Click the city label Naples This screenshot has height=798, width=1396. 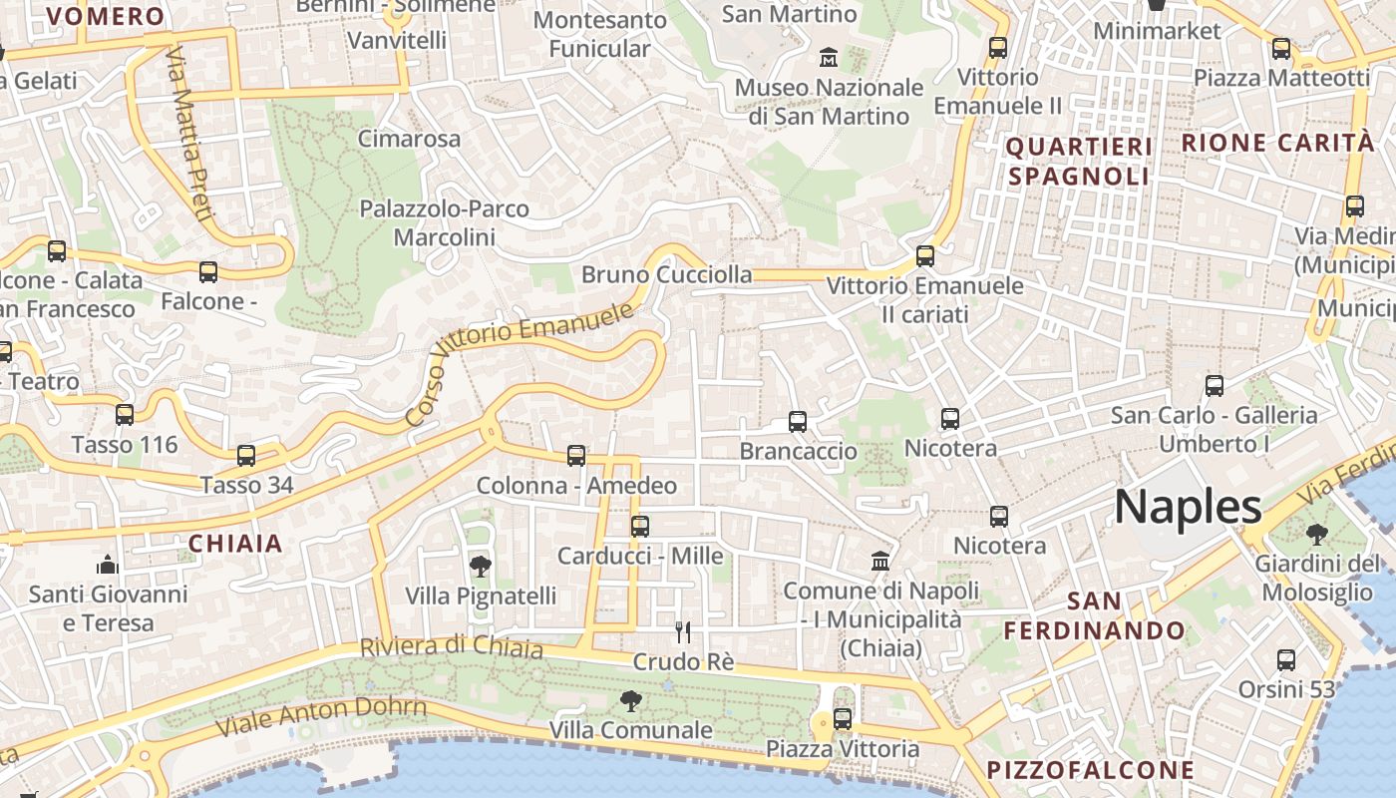pos(1188,507)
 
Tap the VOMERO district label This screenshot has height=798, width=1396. pos(106,16)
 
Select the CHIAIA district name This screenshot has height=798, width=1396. pos(235,544)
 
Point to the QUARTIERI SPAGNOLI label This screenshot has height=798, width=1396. pos(1079,162)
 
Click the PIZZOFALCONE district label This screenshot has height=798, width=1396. pos(1090,770)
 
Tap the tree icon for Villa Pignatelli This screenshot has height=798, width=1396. pos(480,567)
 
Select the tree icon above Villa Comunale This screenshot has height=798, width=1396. pos(630,700)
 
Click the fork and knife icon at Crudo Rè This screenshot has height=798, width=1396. pos(683,631)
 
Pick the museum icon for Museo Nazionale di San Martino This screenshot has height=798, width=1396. pos(829,58)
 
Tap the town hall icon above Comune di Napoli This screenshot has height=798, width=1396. pos(880,561)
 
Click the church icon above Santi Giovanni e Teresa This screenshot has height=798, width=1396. pos(108,566)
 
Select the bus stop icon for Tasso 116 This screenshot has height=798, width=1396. pos(125,415)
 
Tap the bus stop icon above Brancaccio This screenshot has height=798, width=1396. pos(798,422)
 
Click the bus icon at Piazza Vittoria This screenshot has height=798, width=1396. pos(843,718)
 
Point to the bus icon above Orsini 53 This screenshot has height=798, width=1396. pos(1286,659)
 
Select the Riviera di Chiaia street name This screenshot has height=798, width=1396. pos(452,647)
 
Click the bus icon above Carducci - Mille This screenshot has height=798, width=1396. pos(640,526)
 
